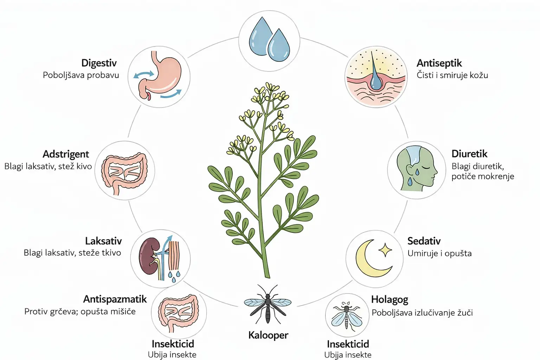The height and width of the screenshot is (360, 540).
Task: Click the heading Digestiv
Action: [99, 63]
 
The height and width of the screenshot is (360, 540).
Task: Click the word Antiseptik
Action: [439, 63]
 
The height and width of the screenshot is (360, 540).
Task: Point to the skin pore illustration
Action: [376, 77]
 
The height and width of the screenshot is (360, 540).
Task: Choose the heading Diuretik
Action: [469, 154]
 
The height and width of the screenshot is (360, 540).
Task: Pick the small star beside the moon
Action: [385, 250]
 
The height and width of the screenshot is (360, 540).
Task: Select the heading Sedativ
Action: [424, 241]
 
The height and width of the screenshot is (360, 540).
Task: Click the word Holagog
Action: [390, 300]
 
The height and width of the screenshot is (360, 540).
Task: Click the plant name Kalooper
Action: [268, 335]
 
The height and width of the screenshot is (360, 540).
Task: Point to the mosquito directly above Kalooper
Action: [268, 304]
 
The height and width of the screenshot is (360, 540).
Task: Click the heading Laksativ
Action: [103, 241]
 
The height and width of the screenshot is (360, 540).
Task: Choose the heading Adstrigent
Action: [66, 154]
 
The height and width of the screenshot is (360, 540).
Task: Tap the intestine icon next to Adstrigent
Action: [124, 171]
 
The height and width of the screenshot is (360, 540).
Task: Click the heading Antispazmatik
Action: [115, 299]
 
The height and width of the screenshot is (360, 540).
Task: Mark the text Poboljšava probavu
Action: [81, 75]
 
